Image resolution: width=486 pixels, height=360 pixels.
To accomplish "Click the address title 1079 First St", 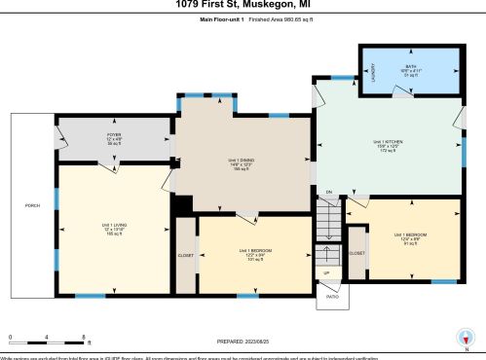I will [x=243, y=6].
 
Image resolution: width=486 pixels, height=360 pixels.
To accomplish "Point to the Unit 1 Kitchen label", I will [x=388, y=145].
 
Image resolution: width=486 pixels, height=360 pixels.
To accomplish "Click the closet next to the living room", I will [x=185, y=255].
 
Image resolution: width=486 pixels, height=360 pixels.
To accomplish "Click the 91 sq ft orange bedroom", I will [x=409, y=238].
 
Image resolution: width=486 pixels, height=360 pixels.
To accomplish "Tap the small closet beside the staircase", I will [x=357, y=253].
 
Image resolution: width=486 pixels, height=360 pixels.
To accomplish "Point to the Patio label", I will [x=331, y=298].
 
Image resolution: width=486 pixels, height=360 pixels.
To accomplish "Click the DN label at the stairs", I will [x=329, y=194].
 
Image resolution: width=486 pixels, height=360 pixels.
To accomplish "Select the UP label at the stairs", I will [x=326, y=273].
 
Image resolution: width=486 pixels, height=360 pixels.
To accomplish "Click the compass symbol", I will [x=467, y=340].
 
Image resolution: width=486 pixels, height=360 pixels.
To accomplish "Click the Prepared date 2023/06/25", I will [x=243, y=341].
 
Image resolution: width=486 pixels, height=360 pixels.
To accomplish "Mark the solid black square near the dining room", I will [x=181, y=206].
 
